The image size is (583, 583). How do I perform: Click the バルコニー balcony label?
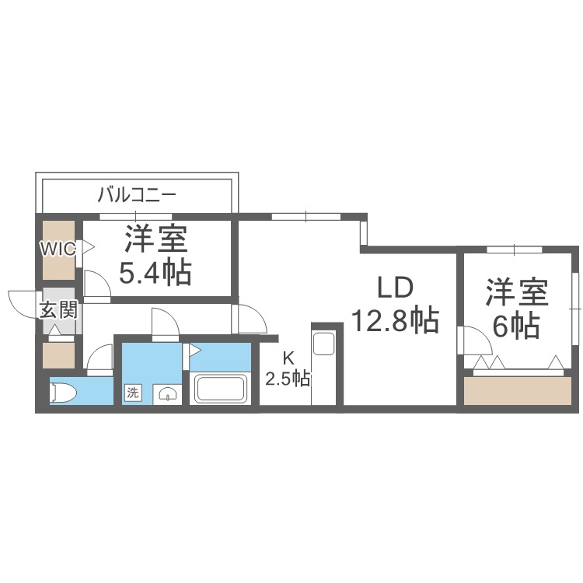pyautogui.click(x=137, y=194)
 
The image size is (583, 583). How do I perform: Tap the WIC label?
pyautogui.click(x=58, y=250)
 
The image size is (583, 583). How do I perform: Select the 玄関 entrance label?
pyautogui.click(x=58, y=310)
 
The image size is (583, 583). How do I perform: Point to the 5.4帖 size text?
pyautogui.click(x=155, y=273)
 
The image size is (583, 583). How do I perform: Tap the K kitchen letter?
pyautogui.click(x=288, y=358)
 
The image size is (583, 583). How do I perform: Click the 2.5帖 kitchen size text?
pyautogui.click(x=288, y=379)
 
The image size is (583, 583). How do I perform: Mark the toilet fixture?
pyautogui.click(x=62, y=393)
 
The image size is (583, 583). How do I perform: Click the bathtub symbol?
pyautogui.click(x=219, y=388)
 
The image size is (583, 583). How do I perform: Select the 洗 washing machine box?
pyautogui.click(x=133, y=393)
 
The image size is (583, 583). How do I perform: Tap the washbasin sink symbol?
pyautogui.click(x=167, y=394)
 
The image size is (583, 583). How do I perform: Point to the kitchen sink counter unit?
pyautogui.click(x=323, y=344)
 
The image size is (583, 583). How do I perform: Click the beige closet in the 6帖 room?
pyautogui.click(x=516, y=389)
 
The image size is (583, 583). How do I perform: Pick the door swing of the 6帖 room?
pyautogui.click(x=475, y=339)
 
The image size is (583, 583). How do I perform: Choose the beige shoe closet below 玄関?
pyautogui.click(x=59, y=354)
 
